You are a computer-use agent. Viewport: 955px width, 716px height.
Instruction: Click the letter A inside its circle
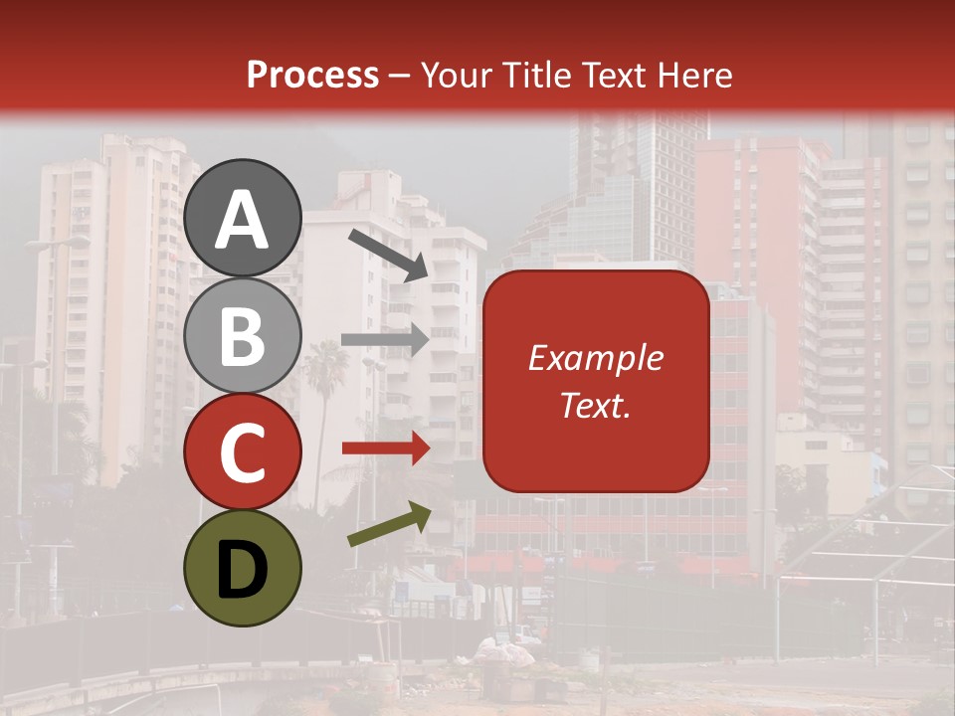point(242,220)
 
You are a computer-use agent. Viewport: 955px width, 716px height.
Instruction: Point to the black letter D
point(242,570)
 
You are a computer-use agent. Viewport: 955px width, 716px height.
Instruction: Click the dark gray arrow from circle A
point(388,255)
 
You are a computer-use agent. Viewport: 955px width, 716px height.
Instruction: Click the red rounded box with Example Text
point(596,381)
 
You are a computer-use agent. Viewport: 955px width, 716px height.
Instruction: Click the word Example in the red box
point(596,358)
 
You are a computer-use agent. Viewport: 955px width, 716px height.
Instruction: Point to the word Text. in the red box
point(596,406)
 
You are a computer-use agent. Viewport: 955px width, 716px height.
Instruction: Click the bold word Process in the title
point(312,75)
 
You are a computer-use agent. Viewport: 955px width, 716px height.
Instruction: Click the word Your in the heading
point(458,75)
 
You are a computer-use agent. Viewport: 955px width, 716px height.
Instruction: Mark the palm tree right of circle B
point(322,368)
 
